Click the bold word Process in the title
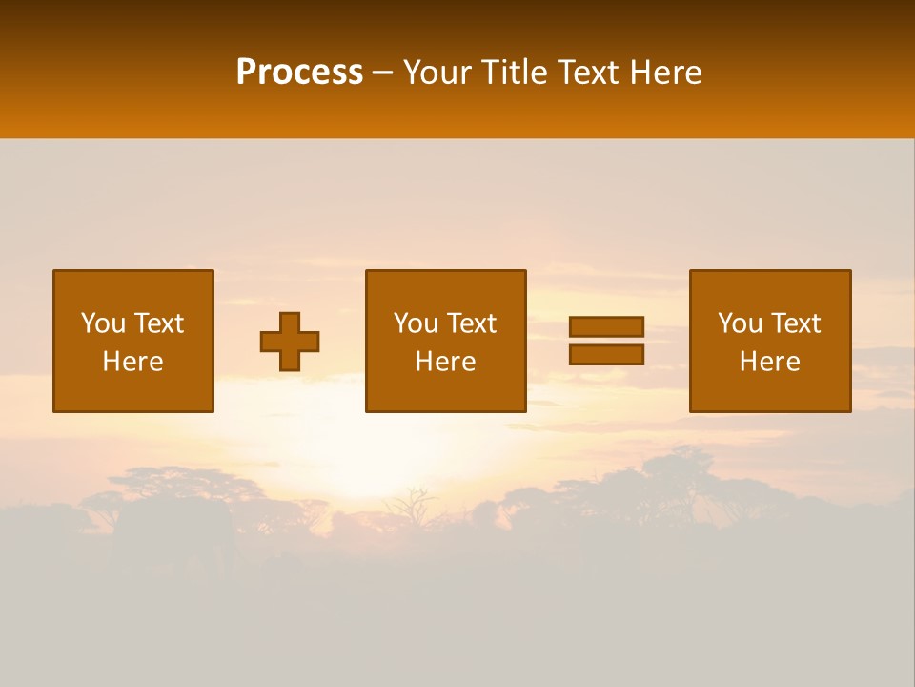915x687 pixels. [299, 73]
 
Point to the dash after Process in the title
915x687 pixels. [383, 73]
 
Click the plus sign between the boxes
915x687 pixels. [290, 342]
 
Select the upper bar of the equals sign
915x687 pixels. [606, 326]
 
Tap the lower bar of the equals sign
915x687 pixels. [606, 355]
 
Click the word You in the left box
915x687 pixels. [103, 323]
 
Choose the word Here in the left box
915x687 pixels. [132, 362]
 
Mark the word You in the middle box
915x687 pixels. [416, 323]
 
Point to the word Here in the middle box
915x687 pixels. [445, 362]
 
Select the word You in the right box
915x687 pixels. [740, 323]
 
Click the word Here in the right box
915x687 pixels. [769, 362]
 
